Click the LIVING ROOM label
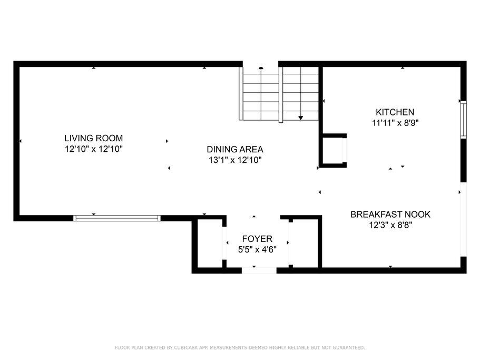coord(93,138)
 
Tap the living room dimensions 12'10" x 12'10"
coord(94,149)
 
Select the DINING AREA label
coord(235,149)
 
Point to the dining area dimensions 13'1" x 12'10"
coord(235,160)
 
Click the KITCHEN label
coord(395,112)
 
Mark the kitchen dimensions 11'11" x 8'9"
coord(395,123)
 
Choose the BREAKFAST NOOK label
coord(390,215)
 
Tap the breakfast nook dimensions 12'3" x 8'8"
coord(390,225)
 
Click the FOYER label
coord(257,239)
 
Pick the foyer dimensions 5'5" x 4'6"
coord(257,249)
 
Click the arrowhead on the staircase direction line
coord(301,118)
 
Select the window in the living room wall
coord(116,218)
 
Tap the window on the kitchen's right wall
coord(464,120)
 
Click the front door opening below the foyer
coord(259,270)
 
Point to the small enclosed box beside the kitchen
coord(333,151)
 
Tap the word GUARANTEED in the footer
coord(349,347)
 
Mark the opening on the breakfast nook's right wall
coord(464,219)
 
